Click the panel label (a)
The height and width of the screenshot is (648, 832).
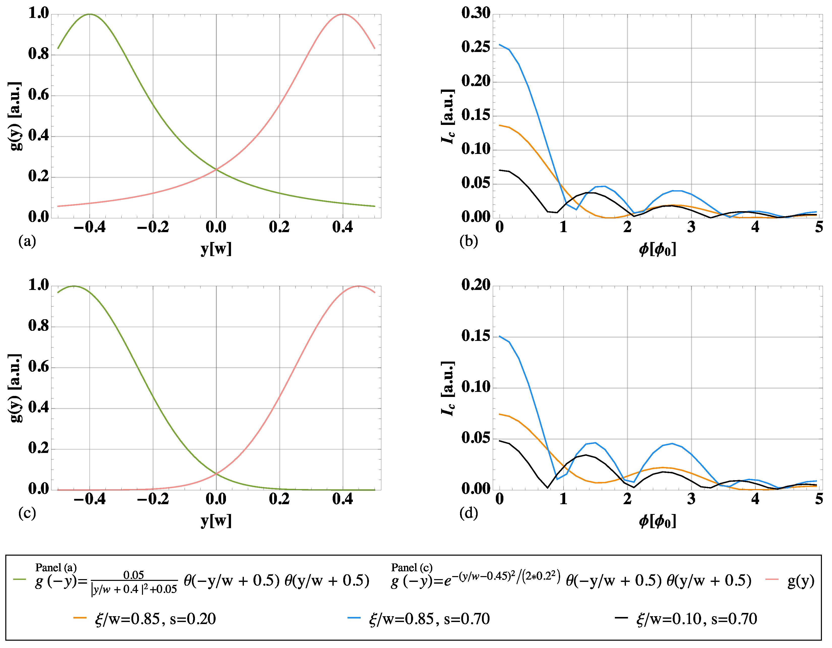pyautogui.click(x=27, y=241)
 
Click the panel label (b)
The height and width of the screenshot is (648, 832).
pyautogui.click(x=469, y=241)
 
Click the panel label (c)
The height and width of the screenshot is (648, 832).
pyautogui.click(x=27, y=513)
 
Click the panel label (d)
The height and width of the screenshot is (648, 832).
pyautogui.click(x=469, y=513)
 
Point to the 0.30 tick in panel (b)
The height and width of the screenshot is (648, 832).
pyautogui.click(x=476, y=13)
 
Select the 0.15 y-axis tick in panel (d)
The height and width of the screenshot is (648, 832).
pyautogui.click(x=476, y=336)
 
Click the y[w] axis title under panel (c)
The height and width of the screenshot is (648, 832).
pyautogui.click(x=216, y=521)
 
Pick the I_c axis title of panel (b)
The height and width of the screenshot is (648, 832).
pyautogui.click(x=448, y=116)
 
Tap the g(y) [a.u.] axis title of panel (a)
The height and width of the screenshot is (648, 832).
pyautogui.click(x=15, y=116)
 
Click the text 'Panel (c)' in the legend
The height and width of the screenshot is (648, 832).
pyautogui.click(x=412, y=568)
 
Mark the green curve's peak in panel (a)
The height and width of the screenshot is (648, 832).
pyautogui.click(x=90, y=14)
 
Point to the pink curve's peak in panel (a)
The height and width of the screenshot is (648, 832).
pyautogui.click(x=343, y=14)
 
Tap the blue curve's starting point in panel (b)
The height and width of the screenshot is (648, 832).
pyautogui.click(x=499, y=45)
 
